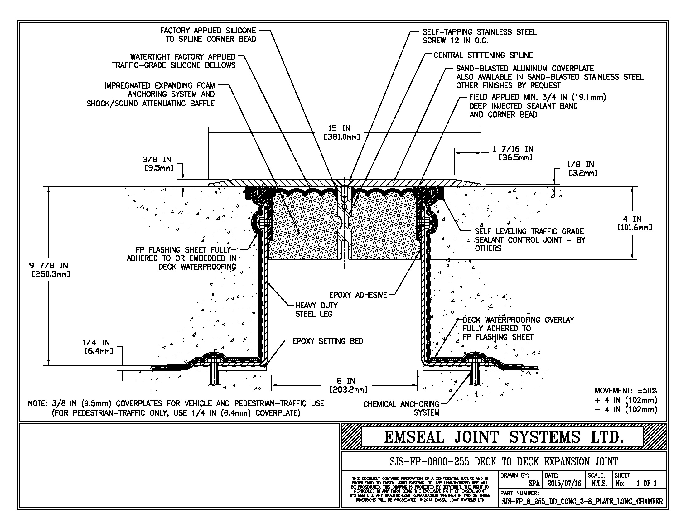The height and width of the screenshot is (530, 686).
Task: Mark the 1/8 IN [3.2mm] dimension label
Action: point(582,168)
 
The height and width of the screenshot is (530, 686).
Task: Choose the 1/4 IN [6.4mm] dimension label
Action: point(98,347)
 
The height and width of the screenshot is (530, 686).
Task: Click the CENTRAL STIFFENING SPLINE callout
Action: point(483,55)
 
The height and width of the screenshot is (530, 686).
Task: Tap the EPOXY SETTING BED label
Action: point(328,341)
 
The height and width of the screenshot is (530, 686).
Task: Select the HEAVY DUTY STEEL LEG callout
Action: point(316,310)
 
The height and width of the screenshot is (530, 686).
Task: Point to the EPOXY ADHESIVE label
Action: point(358,295)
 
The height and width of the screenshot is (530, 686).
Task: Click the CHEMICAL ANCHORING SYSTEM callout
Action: point(401,408)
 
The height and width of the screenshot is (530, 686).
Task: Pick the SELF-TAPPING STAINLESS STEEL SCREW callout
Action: point(479,36)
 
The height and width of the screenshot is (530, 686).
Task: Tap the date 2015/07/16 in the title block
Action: point(564,484)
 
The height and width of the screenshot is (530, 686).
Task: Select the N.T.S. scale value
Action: point(599,484)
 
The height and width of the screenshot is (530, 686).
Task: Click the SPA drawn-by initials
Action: point(534,484)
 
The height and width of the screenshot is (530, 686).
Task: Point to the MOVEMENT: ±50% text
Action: point(626,391)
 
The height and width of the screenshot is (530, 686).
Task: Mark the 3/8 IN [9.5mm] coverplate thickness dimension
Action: point(158,164)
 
